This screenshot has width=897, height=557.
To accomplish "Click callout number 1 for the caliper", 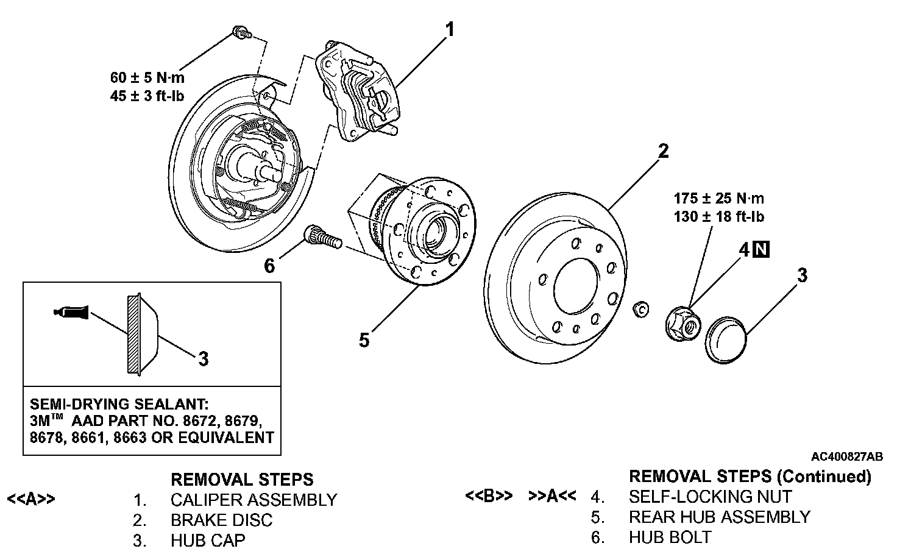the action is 450,30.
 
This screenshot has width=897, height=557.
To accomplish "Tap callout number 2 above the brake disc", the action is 664,151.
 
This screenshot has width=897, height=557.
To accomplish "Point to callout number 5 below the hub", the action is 364,340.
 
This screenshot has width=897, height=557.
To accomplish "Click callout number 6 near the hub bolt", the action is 269,266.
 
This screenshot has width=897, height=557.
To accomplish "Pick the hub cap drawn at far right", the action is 726,340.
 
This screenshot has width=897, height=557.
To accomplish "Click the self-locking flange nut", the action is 683,324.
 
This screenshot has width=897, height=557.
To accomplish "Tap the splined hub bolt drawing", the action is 323,238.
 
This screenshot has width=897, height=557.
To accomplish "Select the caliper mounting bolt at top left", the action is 242,32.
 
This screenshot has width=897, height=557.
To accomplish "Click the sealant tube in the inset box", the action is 71,312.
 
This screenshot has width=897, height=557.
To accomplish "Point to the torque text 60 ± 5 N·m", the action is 147,77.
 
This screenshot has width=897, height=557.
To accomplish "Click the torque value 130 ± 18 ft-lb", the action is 719,216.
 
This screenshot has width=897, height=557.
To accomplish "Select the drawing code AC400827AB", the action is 847,456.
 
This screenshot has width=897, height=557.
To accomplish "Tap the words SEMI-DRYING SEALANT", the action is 119,404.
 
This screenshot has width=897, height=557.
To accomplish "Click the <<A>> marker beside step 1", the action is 31,499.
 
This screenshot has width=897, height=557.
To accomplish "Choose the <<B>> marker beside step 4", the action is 489,495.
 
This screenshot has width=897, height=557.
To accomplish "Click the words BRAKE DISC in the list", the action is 221,520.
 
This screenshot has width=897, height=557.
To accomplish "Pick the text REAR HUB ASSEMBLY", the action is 720,517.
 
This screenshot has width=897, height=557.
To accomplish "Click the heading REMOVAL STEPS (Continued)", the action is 750,477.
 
